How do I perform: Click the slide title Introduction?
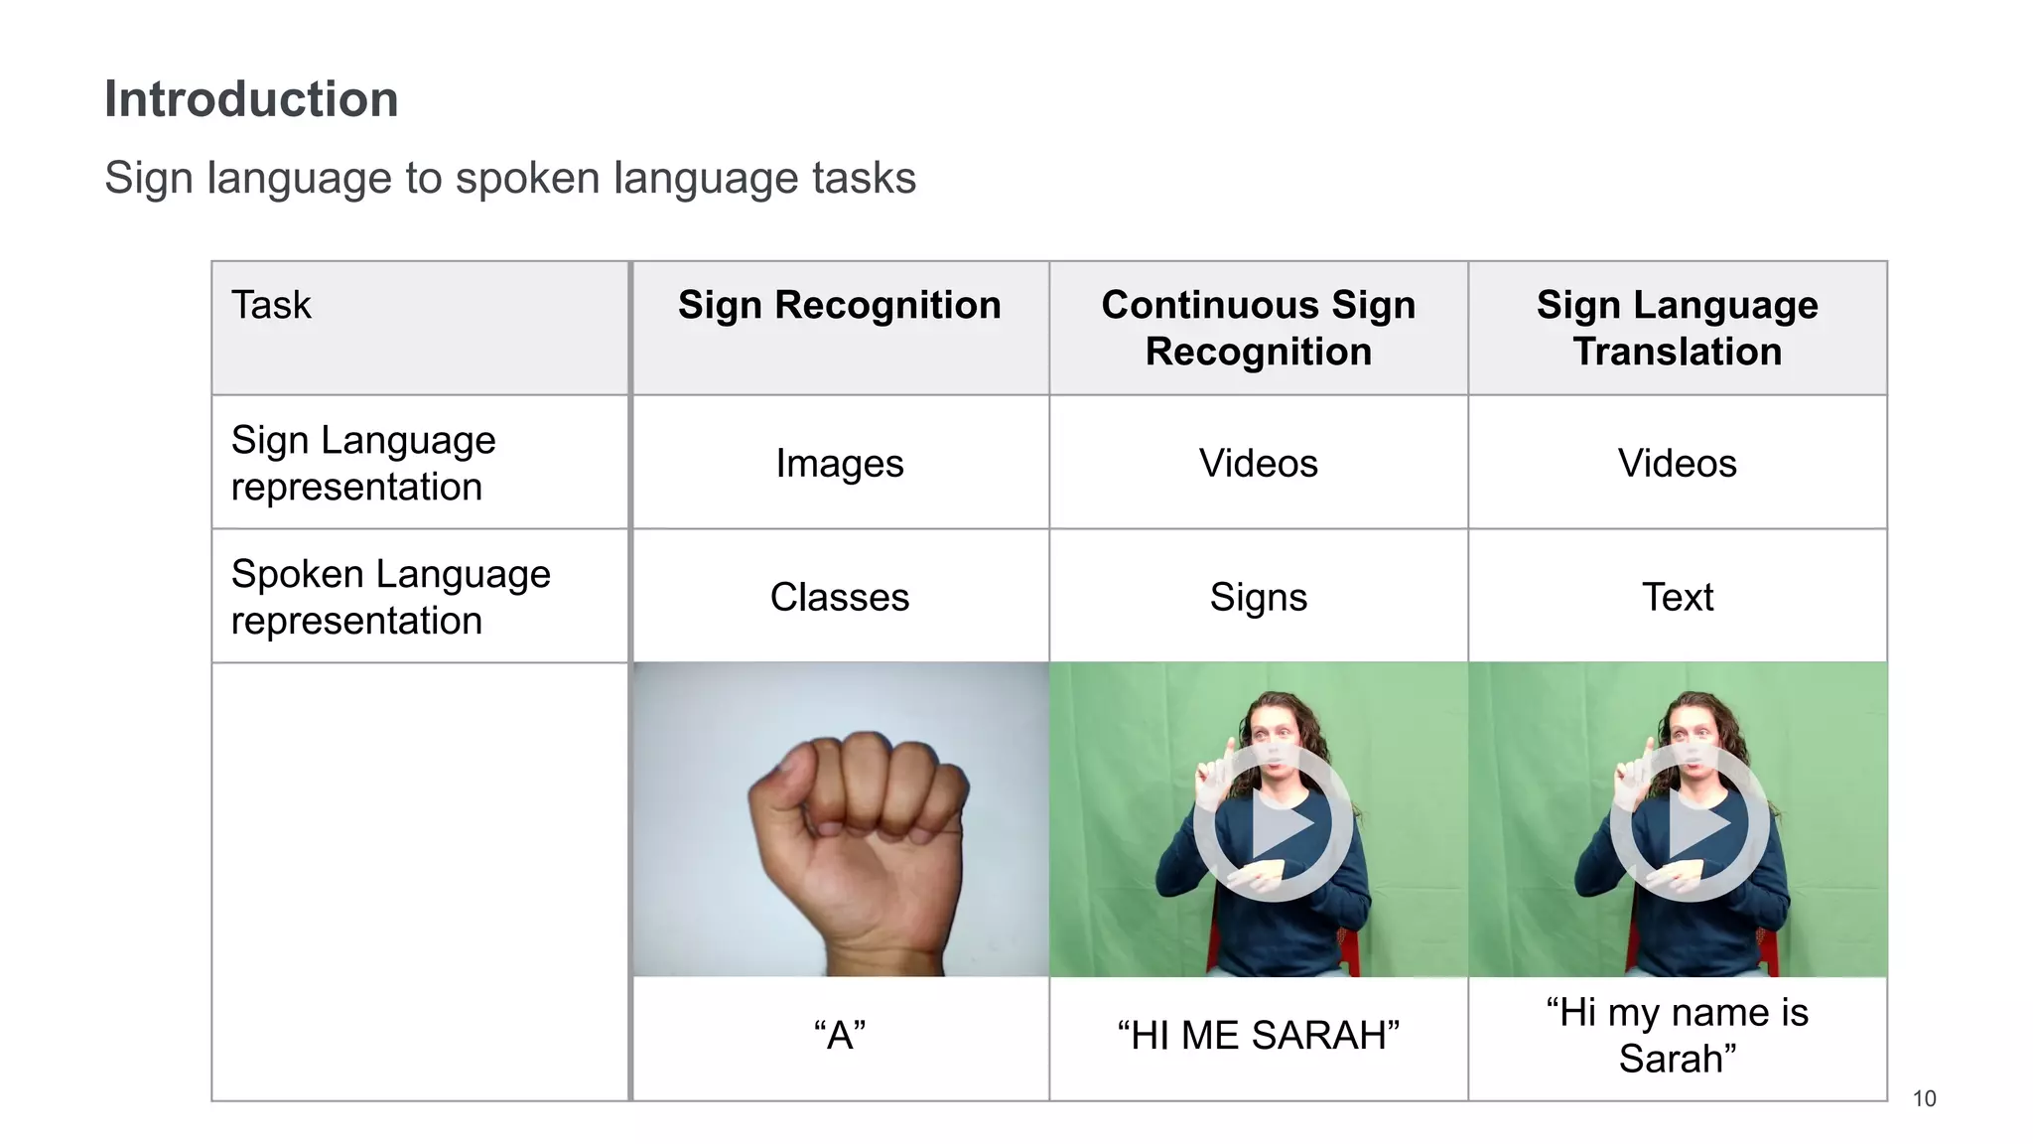coord(251,99)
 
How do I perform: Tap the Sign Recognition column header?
coord(839,305)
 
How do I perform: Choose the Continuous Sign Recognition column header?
coord(1258,328)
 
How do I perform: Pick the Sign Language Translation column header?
coord(1677,328)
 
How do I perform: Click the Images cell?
coord(839,464)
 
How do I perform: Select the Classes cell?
coord(839,597)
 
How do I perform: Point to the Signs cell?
coord(1258,597)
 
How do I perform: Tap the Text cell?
coord(1677,597)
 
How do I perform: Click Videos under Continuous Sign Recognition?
coord(1258,464)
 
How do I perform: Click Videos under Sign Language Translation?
coord(1677,464)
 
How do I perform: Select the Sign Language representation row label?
coord(363,463)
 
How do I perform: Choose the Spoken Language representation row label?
coord(390,597)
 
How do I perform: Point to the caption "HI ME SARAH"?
coord(1258,1036)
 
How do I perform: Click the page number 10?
coord(1924,1098)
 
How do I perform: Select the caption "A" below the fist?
coord(839,1036)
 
